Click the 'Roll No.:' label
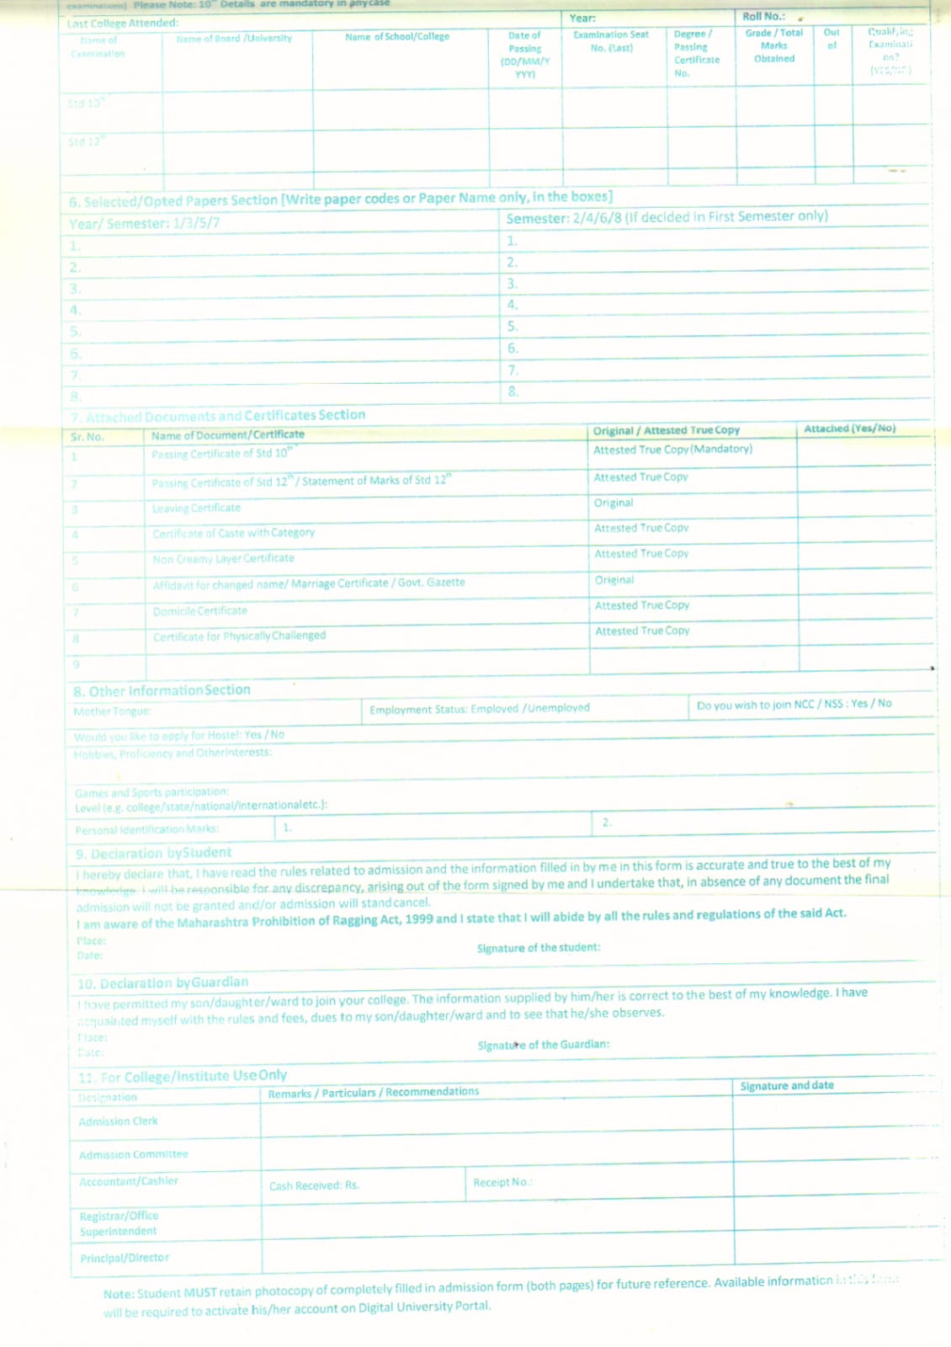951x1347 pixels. (763, 17)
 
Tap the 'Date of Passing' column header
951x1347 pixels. (525, 55)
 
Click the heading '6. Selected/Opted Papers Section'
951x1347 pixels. (173, 201)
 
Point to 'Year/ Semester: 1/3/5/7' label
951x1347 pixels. (144, 224)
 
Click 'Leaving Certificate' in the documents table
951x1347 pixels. (196, 508)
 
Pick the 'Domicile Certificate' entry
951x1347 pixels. (200, 611)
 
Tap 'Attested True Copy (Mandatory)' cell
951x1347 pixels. (672, 450)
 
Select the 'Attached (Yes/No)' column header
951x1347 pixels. (849, 429)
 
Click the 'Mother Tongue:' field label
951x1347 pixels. (112, 712)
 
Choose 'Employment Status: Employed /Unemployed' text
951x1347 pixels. (479, 709)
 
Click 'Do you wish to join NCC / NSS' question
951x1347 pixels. (794, 704)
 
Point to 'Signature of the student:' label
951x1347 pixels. (539, 948)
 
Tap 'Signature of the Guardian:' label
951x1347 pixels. (544, 1045)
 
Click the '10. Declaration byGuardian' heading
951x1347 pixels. (162, 983)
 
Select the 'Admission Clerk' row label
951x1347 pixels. (118, 1121)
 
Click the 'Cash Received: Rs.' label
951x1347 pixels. (314, 1186)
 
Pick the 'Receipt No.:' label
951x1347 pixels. (502, 1183)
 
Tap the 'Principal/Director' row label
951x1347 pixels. (125, 1258)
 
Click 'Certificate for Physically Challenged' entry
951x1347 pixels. (239, 636)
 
